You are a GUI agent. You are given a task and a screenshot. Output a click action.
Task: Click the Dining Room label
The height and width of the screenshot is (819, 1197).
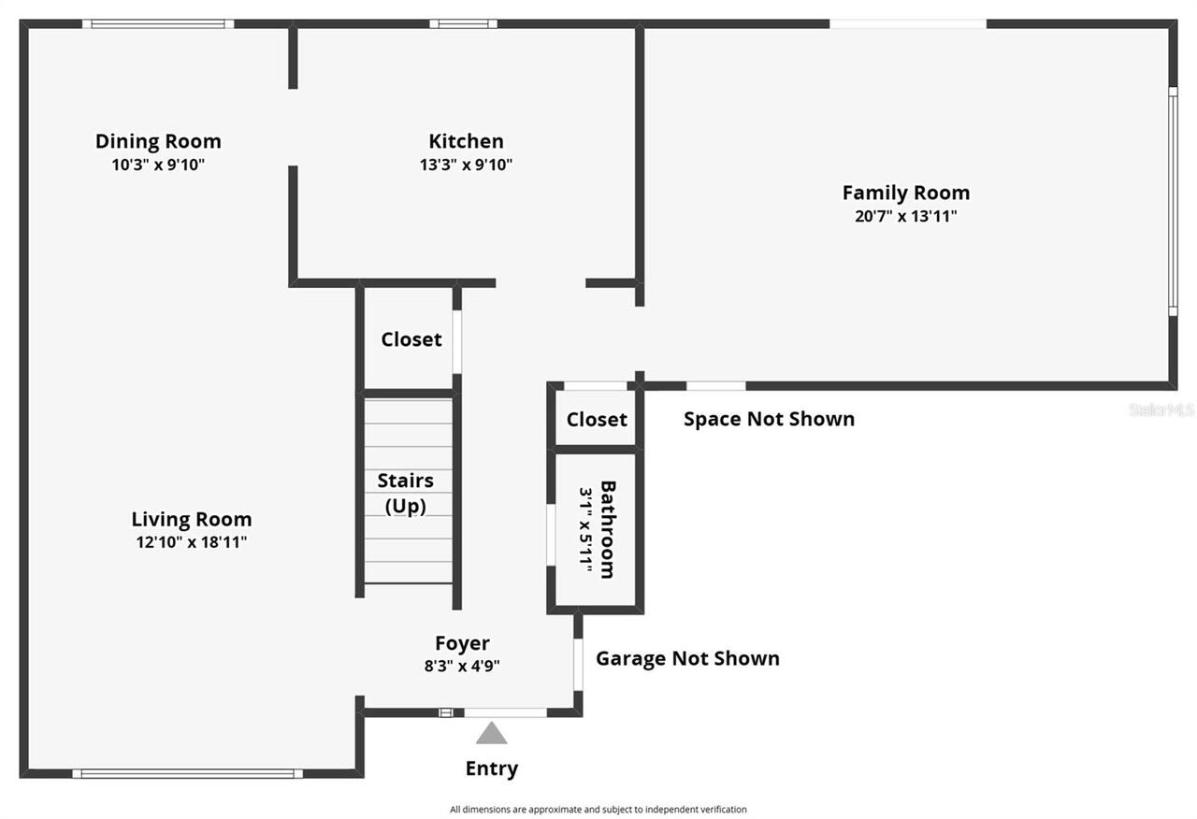tap(158, 141)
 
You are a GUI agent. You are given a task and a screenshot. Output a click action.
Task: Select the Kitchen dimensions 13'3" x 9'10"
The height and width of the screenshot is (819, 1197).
tap(466, 165)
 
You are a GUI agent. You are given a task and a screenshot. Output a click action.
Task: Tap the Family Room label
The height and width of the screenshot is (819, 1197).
tap(905, 193)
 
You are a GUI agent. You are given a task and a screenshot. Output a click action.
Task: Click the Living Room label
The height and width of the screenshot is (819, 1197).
tap(191, 519)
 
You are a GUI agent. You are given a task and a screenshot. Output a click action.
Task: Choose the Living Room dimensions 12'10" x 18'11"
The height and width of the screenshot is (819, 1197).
tap(191, 542)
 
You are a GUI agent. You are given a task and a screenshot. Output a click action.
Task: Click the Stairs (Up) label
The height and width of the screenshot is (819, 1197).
tap(405, 493)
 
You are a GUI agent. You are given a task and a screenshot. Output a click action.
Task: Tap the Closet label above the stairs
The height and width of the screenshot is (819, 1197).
tap(411, 339)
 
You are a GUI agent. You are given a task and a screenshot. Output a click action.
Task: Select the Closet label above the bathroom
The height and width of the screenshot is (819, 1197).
tap(597, 419)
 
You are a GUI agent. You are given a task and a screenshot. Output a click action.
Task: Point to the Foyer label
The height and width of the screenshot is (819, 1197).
tap(462, 643)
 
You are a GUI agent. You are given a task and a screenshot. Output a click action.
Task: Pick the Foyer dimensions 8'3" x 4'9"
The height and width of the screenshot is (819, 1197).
tap(462, 667)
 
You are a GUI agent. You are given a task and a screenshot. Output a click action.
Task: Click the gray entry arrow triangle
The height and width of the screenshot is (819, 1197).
tap(491, 733)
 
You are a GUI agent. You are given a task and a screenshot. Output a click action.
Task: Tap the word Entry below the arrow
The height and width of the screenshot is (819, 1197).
tap(491, 769)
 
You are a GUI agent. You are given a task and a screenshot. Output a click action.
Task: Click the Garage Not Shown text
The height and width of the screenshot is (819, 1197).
tap(687, 658)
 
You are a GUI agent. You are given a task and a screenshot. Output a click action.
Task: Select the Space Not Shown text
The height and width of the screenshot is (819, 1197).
tap(769, 419)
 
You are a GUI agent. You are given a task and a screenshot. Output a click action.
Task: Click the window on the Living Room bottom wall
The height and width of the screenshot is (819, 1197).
tap(187, 773)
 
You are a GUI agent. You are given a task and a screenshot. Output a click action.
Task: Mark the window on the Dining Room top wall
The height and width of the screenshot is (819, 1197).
tap(157, 23)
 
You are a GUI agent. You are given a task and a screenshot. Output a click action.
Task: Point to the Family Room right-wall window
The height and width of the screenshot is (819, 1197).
tap(1173, 201)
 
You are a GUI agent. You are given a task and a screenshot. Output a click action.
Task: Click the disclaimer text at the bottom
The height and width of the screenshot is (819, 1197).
tap(598, 810)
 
